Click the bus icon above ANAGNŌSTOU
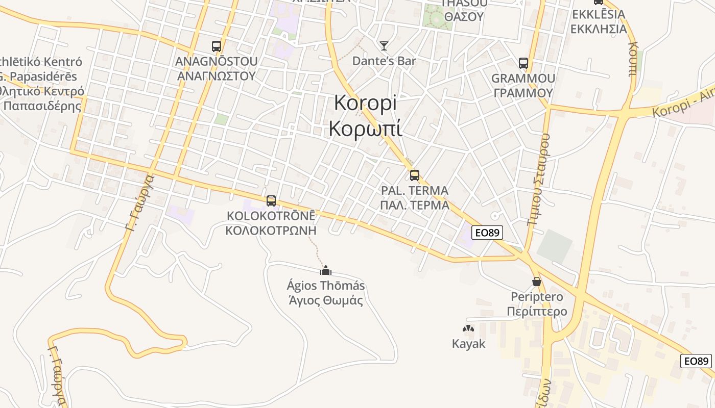click(x=217, y=46)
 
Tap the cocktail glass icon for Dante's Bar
click(x=384, y=46)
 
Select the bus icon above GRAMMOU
click(x=523, y=63)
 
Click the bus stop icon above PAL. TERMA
click(x=415, y=175)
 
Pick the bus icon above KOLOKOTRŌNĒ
click(x=271, y=201)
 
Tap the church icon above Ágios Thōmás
click(x=326, y=270)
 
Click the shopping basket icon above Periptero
click(x=537, y=282)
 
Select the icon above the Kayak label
click(x=468, y=329)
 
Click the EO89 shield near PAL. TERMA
click(x=487, y=233)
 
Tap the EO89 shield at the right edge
click(x=697, y=361)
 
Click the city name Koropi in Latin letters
click(x=365, y=103)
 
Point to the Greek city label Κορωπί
click(x=365, y=129)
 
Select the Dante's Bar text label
click(x=384, y=61)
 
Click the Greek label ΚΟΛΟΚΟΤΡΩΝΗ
click(x=271, y=230)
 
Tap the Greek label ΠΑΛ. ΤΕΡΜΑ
click(x=415, y=205)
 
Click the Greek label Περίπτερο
click(x=537, y=312)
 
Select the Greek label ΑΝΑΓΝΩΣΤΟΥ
click(x=216, y=76)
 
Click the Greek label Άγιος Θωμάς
click(x=326, y=300)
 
